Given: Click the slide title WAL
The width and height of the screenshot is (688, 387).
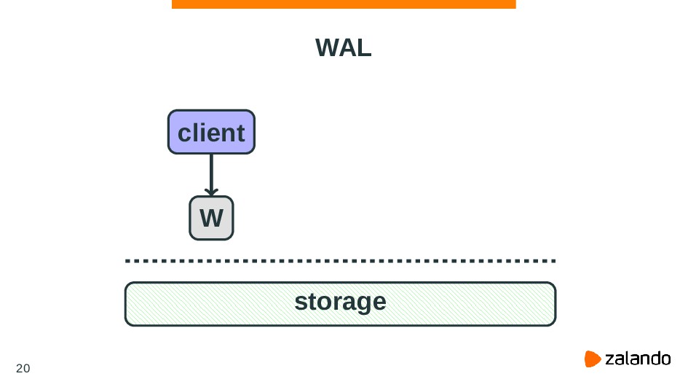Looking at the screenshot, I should pos(344,49).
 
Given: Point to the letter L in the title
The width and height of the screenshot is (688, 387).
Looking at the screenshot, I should pos(364,49).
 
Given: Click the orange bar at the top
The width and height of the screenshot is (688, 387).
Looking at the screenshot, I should pos(344,4).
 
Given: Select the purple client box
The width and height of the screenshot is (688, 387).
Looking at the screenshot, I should pos(211,132).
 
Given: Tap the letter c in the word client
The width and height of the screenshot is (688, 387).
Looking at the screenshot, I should pos(185,133).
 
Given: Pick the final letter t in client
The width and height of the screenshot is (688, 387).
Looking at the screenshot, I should pos(240,133).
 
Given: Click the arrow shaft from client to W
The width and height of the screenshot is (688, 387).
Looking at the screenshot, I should pos(211,171).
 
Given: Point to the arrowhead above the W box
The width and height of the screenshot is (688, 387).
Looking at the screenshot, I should pos(211,191).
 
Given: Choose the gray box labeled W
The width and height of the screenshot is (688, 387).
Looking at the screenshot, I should pos(211,218).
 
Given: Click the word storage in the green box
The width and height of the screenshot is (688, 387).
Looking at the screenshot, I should pos(340,301).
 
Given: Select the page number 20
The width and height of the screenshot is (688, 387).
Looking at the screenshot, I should pos(23,367).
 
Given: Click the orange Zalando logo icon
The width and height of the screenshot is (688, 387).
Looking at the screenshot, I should pos(593,359).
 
